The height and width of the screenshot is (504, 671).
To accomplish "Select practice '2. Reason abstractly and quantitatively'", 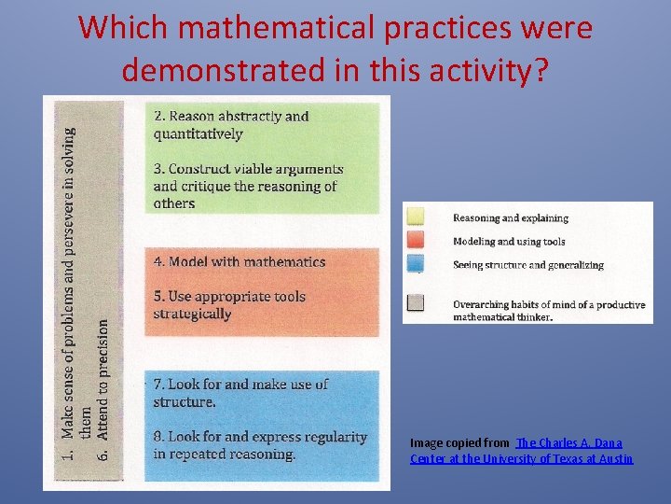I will (x=231, y=125).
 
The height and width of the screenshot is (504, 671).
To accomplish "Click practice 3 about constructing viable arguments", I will (x=248, y=186).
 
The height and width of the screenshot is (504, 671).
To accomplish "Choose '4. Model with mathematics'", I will (x=240, y=262).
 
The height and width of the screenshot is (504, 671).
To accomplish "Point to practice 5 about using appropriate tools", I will (x=229, y=305).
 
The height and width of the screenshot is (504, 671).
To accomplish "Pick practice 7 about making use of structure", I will (x=240, y=393).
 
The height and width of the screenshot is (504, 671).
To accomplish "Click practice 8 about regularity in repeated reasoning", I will (x=260, y=445).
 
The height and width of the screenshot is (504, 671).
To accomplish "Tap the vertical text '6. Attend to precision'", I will (x=104, y=390).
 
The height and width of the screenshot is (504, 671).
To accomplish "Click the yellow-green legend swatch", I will (x=416, y=217).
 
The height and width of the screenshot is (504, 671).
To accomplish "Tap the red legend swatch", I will (x=416, y=242).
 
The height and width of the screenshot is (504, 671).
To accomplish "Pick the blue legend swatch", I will (x=416, y=265).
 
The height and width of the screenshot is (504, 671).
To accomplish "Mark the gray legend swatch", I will (x=416, y=302).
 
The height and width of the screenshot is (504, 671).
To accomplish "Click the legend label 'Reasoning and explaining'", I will (x=510, y=218).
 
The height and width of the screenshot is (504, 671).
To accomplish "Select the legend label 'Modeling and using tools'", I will (x=509, y=242).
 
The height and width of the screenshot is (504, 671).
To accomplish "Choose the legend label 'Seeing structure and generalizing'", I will (x=527, y=265).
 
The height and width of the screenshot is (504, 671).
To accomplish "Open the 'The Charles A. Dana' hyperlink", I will (x=569, y=442).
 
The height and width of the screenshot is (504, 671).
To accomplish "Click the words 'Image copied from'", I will (x=459, y=442).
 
